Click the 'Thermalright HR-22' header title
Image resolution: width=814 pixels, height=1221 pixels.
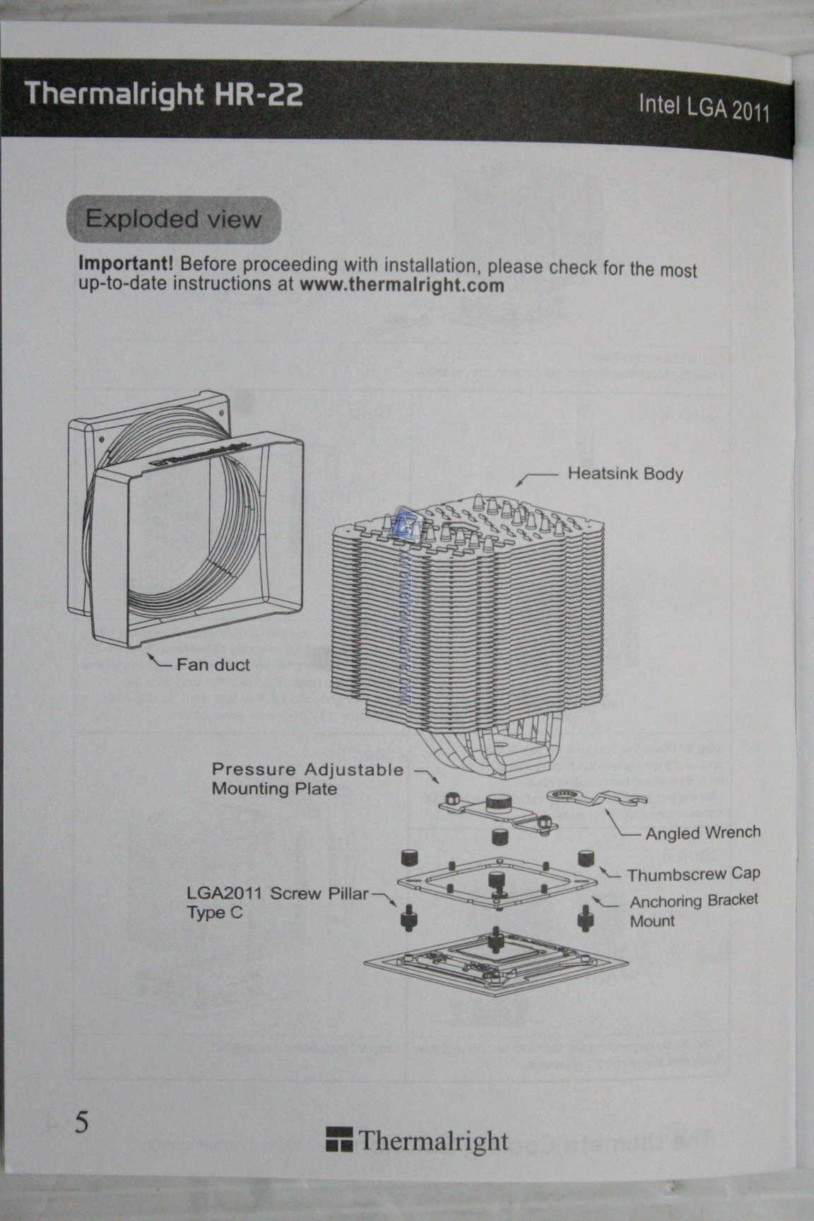tap(164, 94)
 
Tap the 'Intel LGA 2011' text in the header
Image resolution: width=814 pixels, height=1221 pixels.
tap(703, 107)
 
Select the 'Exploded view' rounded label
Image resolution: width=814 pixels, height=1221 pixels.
tap(173, 219)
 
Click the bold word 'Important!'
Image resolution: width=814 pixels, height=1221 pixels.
tap(125, 264)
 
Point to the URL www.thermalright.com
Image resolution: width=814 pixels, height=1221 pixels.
tap(402, 285)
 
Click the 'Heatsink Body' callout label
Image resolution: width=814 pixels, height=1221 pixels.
tap(625, 473)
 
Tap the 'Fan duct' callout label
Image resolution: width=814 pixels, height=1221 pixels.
tap(213, 664)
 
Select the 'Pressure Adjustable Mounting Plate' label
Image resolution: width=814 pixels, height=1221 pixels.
tap(307, 779)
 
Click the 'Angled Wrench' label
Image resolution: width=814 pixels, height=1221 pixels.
tap(702, 833)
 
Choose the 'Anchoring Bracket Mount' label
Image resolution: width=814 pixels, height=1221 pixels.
tap(693, 911)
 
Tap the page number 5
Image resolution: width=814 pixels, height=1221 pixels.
tap(83, 1122)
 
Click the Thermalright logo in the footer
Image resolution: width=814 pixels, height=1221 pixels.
tap(417, 1140)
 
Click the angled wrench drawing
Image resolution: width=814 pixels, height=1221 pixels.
tap(597, 798)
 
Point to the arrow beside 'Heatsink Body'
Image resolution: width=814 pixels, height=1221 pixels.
tap(533, 478)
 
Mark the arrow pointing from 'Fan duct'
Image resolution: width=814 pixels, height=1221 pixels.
tap(159, 661)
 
